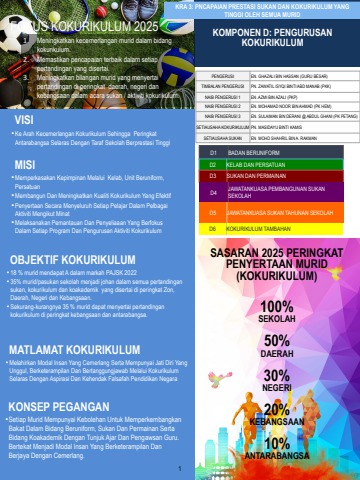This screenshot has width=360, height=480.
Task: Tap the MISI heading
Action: (24, 165)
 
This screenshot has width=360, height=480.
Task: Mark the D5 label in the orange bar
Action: (214, 212)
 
